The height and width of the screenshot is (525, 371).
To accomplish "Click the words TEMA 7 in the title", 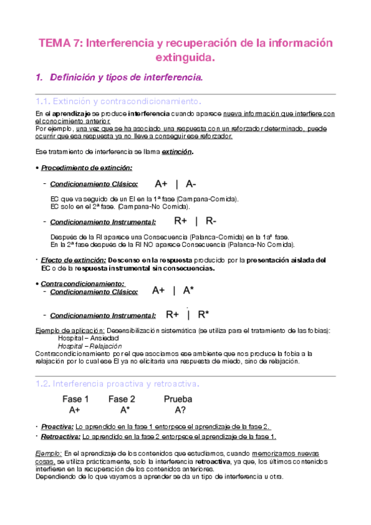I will (59, 43).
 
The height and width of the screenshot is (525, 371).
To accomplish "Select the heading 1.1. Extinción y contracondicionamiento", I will (118, 101).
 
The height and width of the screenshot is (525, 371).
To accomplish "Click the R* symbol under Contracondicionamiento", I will (203, 315).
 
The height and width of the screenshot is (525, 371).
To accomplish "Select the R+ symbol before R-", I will (181, 220).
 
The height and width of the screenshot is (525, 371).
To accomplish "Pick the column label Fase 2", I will (121, 399).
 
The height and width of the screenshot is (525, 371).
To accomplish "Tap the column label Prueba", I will (178, 399).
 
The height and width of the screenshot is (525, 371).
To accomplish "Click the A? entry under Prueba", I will (178, 410).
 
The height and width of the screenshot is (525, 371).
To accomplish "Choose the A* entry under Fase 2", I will (124, 410).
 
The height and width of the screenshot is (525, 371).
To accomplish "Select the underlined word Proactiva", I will (56, 427).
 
